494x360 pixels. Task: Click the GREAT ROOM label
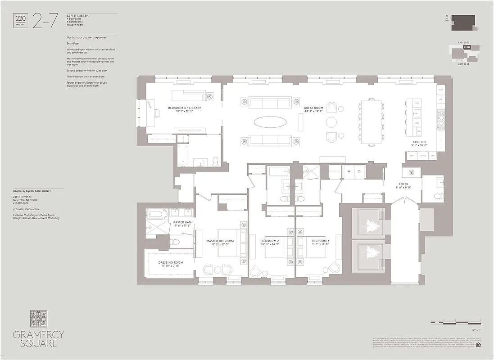(314, 108)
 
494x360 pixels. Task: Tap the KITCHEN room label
(419, 142)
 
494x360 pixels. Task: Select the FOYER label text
(403, 184)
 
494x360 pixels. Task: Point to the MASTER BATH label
(182, 222)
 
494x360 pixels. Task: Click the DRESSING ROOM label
(170, 262)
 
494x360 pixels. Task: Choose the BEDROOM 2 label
(270, 241)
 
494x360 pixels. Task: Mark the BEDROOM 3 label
(320, 241)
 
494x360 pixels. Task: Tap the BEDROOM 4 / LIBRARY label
(185, 108)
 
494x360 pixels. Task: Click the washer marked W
(348, 171)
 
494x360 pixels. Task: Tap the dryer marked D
(359, 171)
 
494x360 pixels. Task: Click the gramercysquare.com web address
(26, 209)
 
